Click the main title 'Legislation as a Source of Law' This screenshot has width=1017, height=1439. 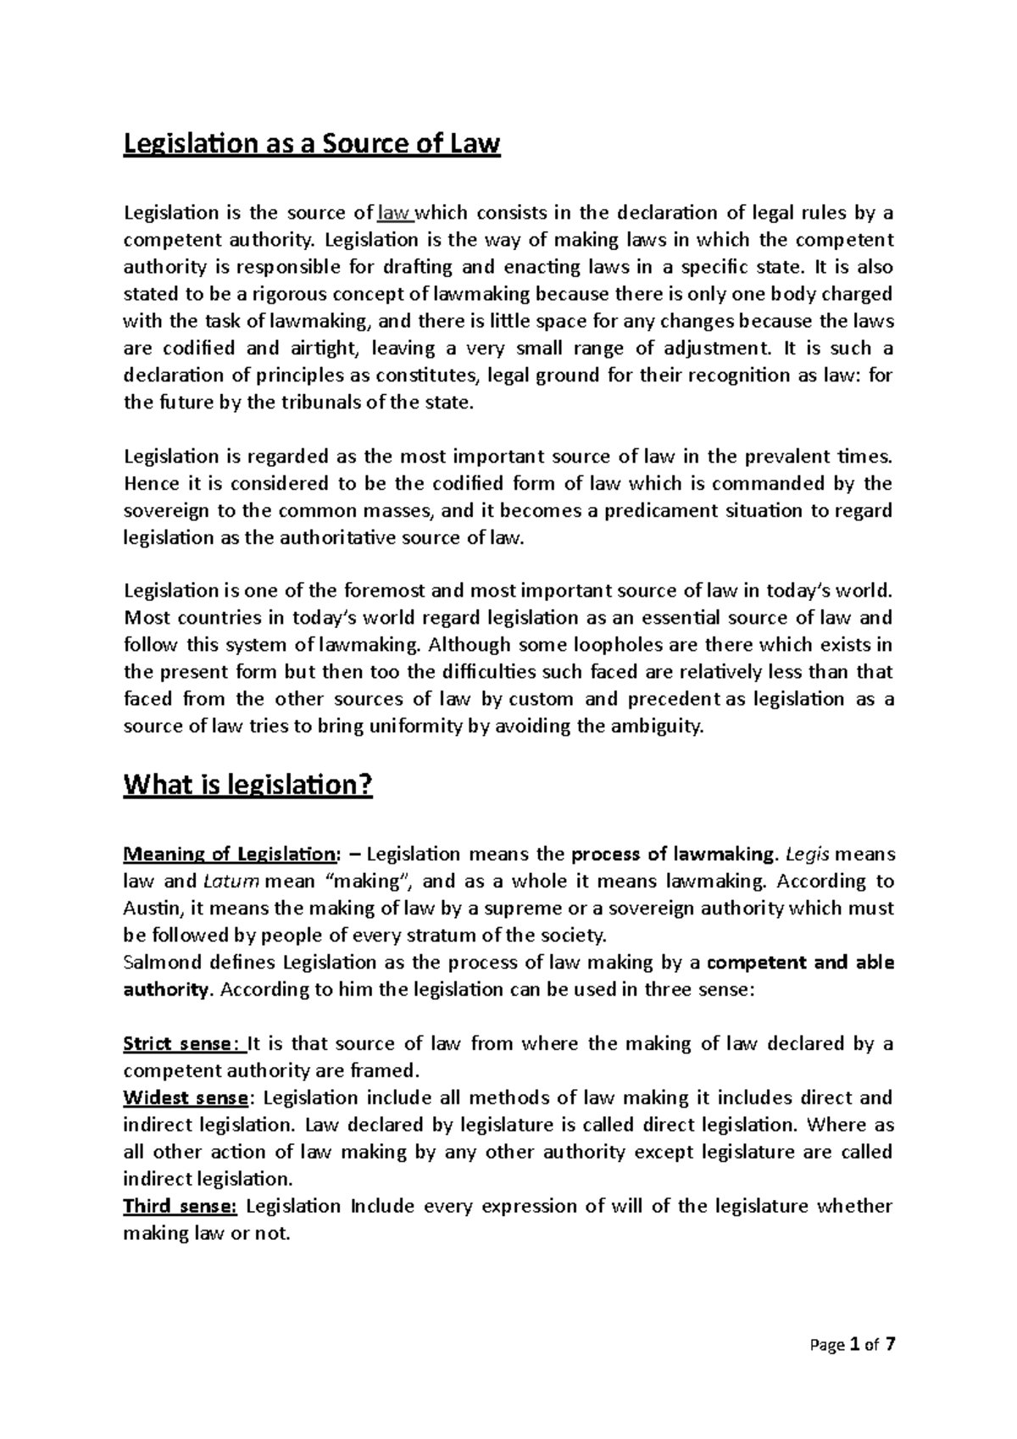(312, 145)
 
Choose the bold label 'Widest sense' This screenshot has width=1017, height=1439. (186, 1097)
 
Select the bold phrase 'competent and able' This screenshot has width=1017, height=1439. (800, 962)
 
